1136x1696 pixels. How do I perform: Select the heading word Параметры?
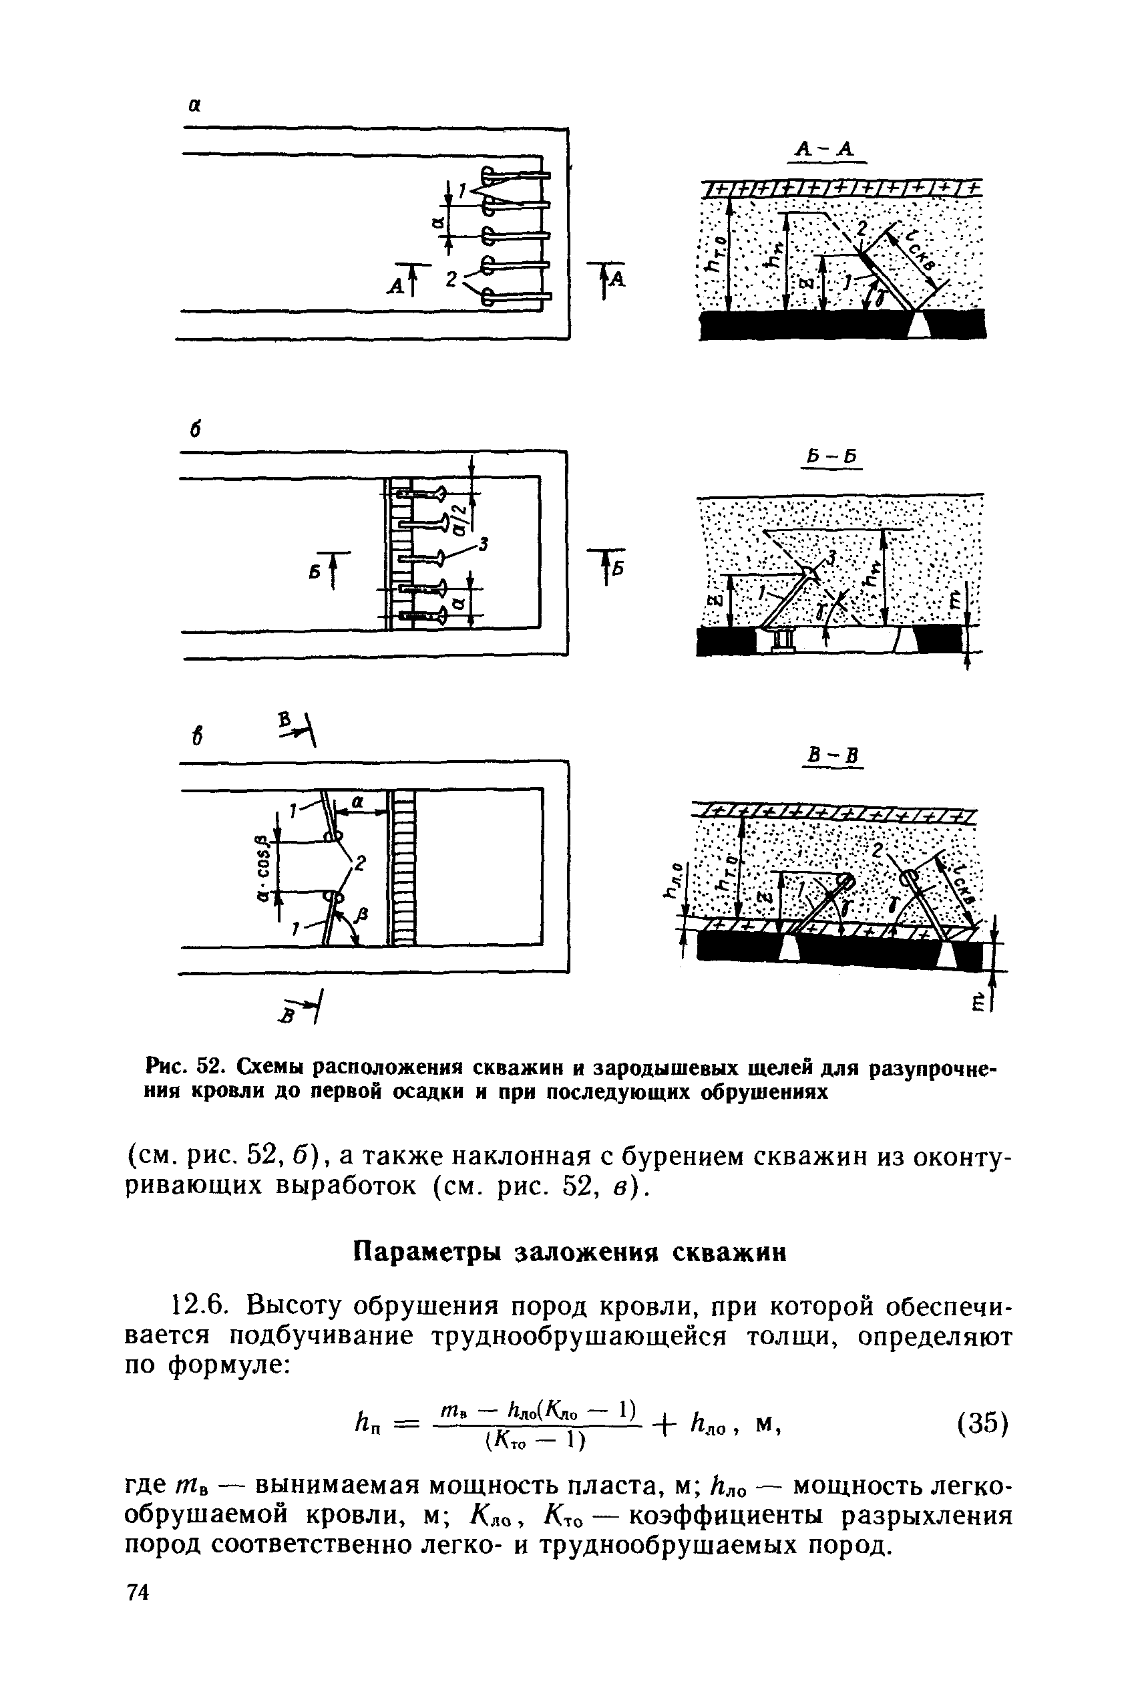pos(427,1252)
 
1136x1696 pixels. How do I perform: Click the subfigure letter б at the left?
pos(194,430)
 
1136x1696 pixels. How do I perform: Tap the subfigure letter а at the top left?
pos(194,106)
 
